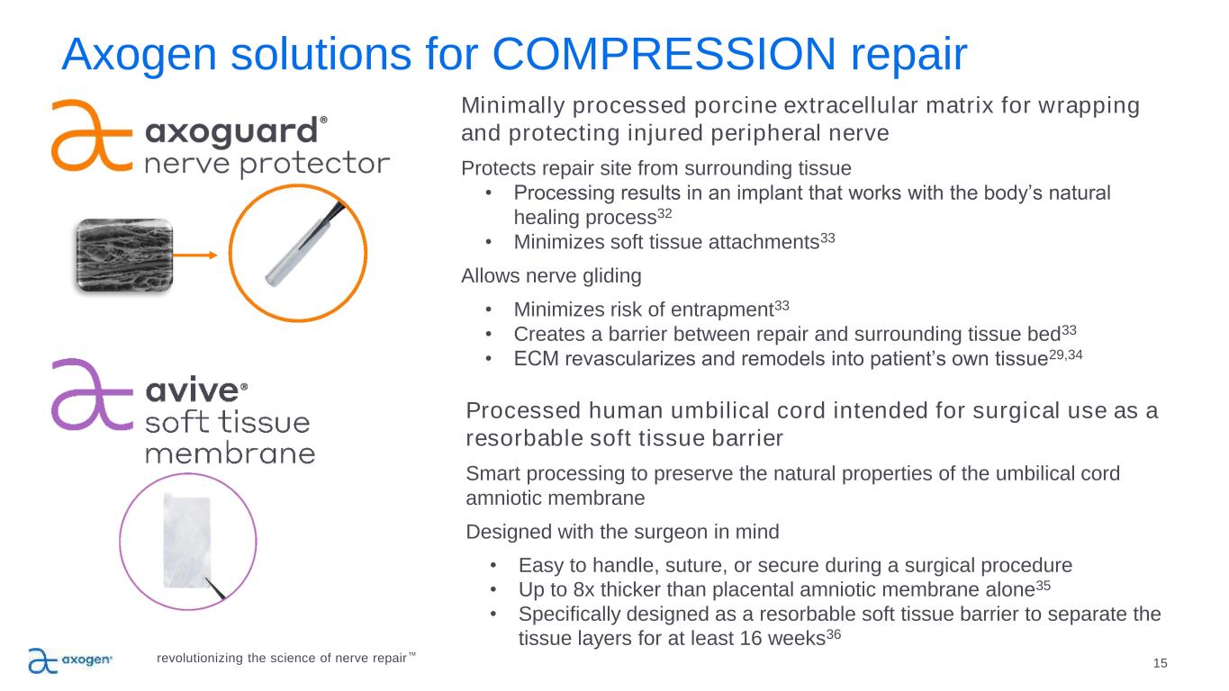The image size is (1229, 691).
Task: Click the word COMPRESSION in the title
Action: (664, 54)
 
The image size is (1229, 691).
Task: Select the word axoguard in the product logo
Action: (231, 132)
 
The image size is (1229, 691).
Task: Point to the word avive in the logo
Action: (192, 390)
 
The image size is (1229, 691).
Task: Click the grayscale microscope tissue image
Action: (124, 255)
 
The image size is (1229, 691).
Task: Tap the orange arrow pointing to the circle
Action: (195, 255)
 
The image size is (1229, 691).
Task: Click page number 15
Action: (1160, 663)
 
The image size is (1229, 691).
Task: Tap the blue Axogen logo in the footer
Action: (70, 660)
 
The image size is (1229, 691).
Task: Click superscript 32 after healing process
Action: (664, 212)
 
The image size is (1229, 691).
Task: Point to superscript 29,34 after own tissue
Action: (1065, 354)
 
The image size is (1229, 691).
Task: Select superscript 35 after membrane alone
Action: (1043, 585)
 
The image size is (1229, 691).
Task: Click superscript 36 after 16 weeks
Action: (834, 634)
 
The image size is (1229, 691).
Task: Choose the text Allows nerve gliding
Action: (551, 275)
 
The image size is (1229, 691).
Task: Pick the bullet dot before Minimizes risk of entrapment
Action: (488, 310)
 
